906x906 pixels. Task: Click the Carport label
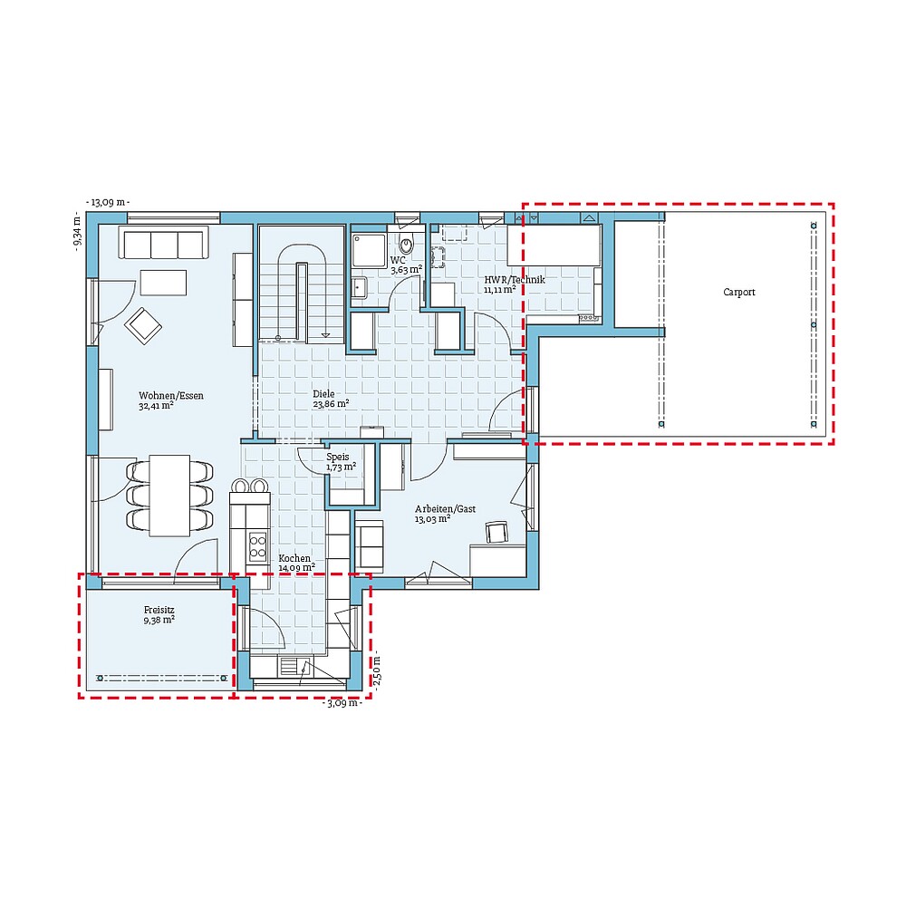[738, 293]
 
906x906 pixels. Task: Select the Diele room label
[323, 395]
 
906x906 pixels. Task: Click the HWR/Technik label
[514, 281]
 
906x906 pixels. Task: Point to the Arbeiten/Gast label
[445, 509]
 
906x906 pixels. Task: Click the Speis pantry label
[338, 458]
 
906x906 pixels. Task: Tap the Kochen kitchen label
[294, 559]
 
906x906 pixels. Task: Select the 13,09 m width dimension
[108, 202]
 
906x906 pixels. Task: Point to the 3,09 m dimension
[342, 702]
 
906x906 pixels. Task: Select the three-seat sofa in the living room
[164, 245]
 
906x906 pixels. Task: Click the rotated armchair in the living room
[143, 326]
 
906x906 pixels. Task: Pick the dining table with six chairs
[169, 495]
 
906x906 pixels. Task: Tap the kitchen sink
[293, 669]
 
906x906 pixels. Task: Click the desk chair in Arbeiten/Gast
[496, 533]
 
